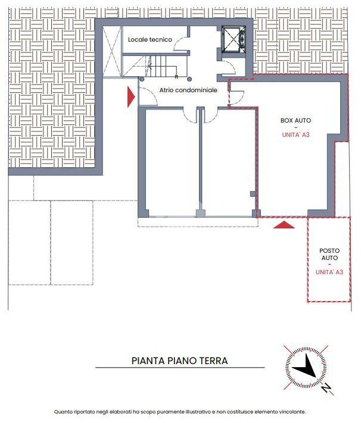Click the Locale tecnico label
(150, 39)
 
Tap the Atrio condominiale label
(188, 90)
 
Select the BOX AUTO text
(296, 121)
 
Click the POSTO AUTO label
(329, 255)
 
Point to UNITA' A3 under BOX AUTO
(296, 135)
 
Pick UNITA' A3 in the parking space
(329, 272)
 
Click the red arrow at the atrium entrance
(131, 97)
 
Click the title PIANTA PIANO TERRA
(180, 361)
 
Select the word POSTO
(329, 250)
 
